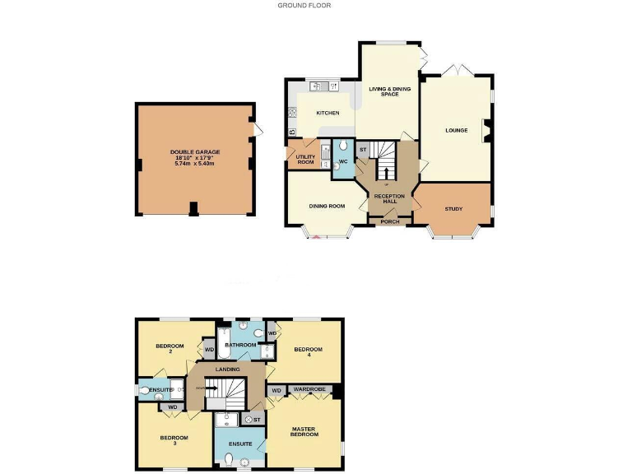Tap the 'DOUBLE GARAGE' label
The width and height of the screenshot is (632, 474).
coord(195,152)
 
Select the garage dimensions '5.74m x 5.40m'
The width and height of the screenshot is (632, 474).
coord(195,163)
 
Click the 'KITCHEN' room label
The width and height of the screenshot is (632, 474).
coord(327,113)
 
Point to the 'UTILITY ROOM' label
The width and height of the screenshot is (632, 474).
coord(305,159)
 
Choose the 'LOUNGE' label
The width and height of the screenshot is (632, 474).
coord(456,130)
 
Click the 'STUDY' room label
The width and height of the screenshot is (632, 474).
coord(453,209)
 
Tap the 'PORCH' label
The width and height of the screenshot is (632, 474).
coord(390,221)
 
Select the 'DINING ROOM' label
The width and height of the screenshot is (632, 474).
coord(326,206)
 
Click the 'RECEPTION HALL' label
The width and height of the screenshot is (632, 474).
coord(390,199)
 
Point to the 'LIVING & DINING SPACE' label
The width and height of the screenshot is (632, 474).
coord(389,91)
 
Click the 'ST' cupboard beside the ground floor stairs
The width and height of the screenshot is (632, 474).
coord(362,149)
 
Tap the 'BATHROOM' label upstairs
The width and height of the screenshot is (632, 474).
coord(241,345)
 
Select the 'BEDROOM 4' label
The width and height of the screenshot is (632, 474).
coord(308,352)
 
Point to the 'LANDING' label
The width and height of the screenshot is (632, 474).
coord(227,369)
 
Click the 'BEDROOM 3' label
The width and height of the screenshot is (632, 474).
coord(174,440)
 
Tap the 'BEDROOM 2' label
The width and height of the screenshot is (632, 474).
coord(170,349)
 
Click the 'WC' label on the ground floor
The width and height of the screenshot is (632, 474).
coord(343,160)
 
